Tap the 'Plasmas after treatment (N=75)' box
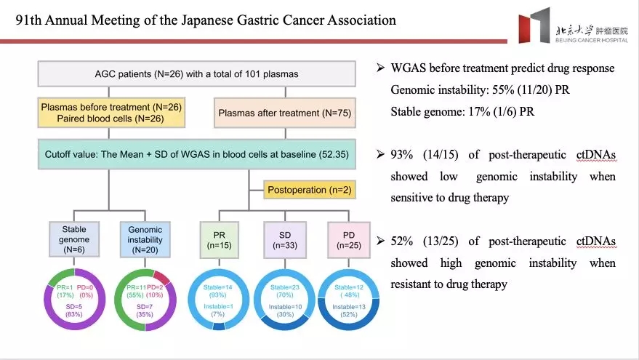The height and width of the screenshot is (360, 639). coord(285,112)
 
